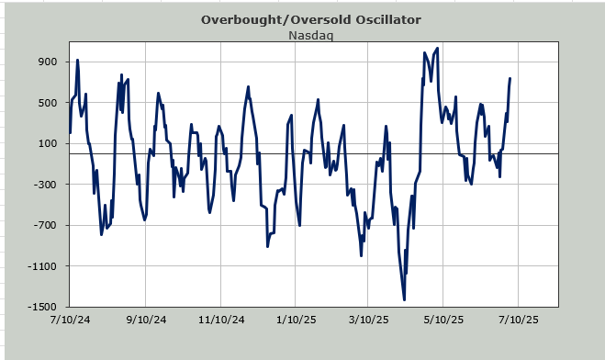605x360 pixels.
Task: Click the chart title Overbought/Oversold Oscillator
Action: click(x=311, y=19)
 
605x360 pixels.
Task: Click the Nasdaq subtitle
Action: click(x=311, y=35)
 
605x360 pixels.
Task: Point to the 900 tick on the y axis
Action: click(x=47, y=62)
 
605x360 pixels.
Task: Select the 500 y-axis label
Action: click(x=47, y=103)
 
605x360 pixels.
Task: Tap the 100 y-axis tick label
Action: click(x=47, y=143)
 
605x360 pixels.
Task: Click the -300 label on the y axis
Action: click(x=45, y=185)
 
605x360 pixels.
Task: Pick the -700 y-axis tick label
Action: click(x=45, y=225)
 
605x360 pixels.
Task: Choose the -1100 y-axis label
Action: click(x=42, y=266)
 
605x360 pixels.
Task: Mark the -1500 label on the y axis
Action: click(x=42, y=307)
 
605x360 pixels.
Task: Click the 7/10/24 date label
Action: click(x=70, y=320)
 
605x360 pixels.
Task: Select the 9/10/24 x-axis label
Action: click(x=146, y=320)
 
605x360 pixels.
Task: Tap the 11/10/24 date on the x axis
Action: click(x=221, y=320)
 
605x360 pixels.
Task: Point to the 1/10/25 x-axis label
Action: click(x=296, y=320)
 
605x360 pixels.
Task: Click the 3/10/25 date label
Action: click(x=368, y=320)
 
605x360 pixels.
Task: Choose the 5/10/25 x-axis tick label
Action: click(x=443, y=320)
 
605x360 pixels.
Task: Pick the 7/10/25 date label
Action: click(x=518, y=320)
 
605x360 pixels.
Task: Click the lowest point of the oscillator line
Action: click(x=404, y=299)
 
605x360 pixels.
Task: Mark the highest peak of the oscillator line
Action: click(x=437, y=48)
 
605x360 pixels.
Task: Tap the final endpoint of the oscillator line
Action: click(x=510, y=78)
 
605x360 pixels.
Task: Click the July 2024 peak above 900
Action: click(x=77, y=60)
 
